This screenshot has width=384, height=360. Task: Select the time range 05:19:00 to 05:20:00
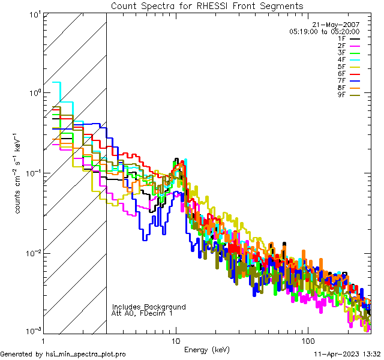pos(324,31)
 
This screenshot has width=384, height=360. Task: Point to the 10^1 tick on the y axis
pos(34,14)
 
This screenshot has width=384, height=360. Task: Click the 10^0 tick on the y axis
pos(34,94)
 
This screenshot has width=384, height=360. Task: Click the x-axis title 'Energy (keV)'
pos(207,349)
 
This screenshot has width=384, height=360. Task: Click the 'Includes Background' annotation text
pos(149,307)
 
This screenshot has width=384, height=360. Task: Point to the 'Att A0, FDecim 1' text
pos(142,313)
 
